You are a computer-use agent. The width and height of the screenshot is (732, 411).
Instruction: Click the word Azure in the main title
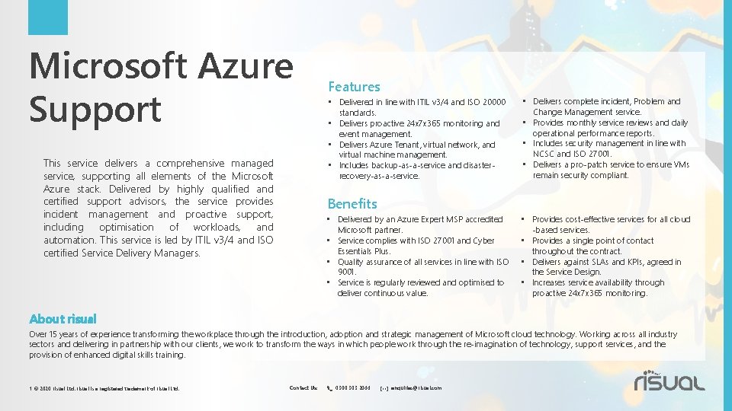click(x=246, y=67)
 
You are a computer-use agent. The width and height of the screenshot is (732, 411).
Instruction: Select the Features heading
click(x=354, y=87)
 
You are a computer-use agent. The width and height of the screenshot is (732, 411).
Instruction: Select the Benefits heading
click(x=352, y=203)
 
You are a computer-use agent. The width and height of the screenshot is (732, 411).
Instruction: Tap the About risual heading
click(x=63, y=319)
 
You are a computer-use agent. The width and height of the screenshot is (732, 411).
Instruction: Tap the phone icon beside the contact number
click(x=329, y=387)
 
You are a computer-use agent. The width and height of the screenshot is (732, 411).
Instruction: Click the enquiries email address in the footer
click(x=416, y=387)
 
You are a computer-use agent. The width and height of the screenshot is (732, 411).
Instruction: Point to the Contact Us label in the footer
click(x=303, y=387)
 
